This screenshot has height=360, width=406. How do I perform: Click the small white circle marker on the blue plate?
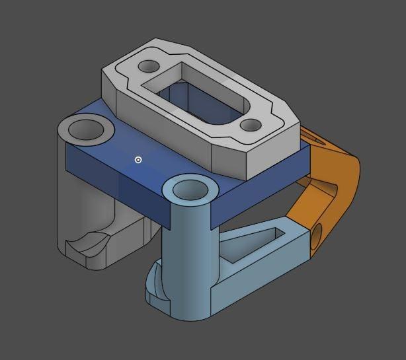138,160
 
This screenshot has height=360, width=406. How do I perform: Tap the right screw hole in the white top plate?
251,125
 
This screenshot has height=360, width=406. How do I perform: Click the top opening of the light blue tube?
190,190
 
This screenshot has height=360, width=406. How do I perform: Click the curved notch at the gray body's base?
89,245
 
